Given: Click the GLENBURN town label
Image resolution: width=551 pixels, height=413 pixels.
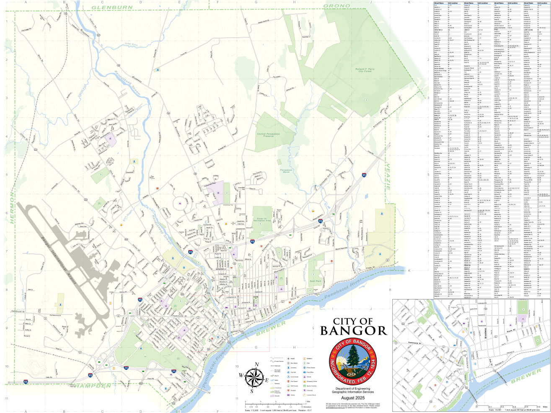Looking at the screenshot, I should tap(112, 7).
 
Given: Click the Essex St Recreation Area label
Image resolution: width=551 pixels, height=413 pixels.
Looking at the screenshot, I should tap(262, 219).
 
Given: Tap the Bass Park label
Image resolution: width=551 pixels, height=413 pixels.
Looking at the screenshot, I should tap(315, 281).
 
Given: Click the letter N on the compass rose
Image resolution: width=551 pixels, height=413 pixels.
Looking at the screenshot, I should tap(257, 364).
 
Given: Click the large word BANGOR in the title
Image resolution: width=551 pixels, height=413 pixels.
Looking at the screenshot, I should tap(354, 331).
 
